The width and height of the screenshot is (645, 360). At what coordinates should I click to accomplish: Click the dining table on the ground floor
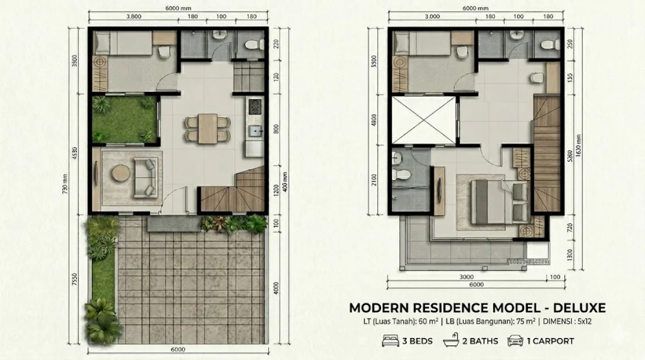(207, 128)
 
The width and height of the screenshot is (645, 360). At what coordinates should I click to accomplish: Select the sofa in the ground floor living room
(145, 177)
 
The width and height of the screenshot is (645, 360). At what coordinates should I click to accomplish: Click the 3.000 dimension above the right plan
(432, 16)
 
